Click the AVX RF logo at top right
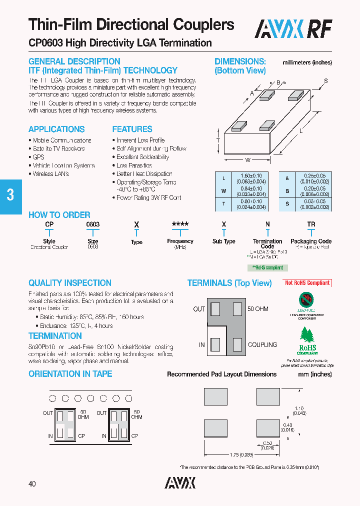[x=293, y=29]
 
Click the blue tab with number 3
[x=10, y=194]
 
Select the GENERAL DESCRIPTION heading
[x=74, y=61]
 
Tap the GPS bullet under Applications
[x=38, y=157]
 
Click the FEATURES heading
[x=132, y=129]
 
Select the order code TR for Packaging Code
[x=311, y=225]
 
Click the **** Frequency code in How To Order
[x=180, y=225]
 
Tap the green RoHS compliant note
[x=267, y=267]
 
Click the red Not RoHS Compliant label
[x=307, y=283]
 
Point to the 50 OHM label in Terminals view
[x=258, y=309]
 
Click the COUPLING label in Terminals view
[x=262, y=345]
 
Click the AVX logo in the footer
[x=180, y=482]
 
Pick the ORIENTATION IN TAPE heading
[x=70, y=374]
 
